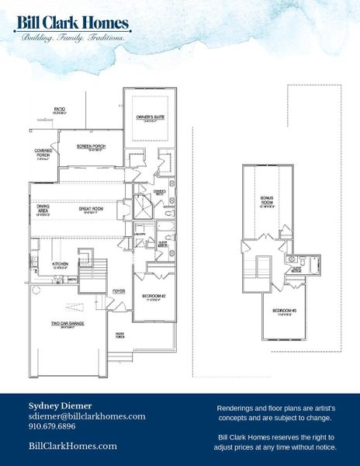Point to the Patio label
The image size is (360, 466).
[59, 110]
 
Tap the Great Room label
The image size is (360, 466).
[92, 209]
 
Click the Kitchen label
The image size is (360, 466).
[60, 264]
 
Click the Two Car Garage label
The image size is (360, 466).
[62, 326]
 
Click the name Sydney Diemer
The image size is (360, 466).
[61, 405]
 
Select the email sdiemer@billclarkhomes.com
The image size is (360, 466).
[87, 416]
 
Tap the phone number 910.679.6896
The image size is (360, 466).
[52, 427]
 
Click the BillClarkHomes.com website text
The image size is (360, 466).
[72, 446]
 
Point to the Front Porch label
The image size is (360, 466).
[120, 335]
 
